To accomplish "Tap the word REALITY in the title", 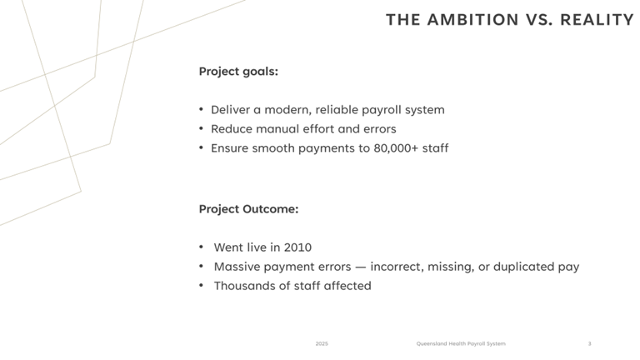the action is click(597, 20).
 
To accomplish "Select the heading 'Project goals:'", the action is click(238, 72).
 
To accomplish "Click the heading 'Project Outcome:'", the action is click(248, 209).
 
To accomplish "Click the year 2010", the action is click(297, 247).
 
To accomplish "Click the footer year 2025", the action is click(322, 343).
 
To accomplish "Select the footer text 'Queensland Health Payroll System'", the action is click(461, 343).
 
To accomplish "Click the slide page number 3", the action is click(589, 343).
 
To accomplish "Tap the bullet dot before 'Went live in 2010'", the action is click(201, 247).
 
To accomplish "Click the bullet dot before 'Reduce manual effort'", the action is click(201, 128).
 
